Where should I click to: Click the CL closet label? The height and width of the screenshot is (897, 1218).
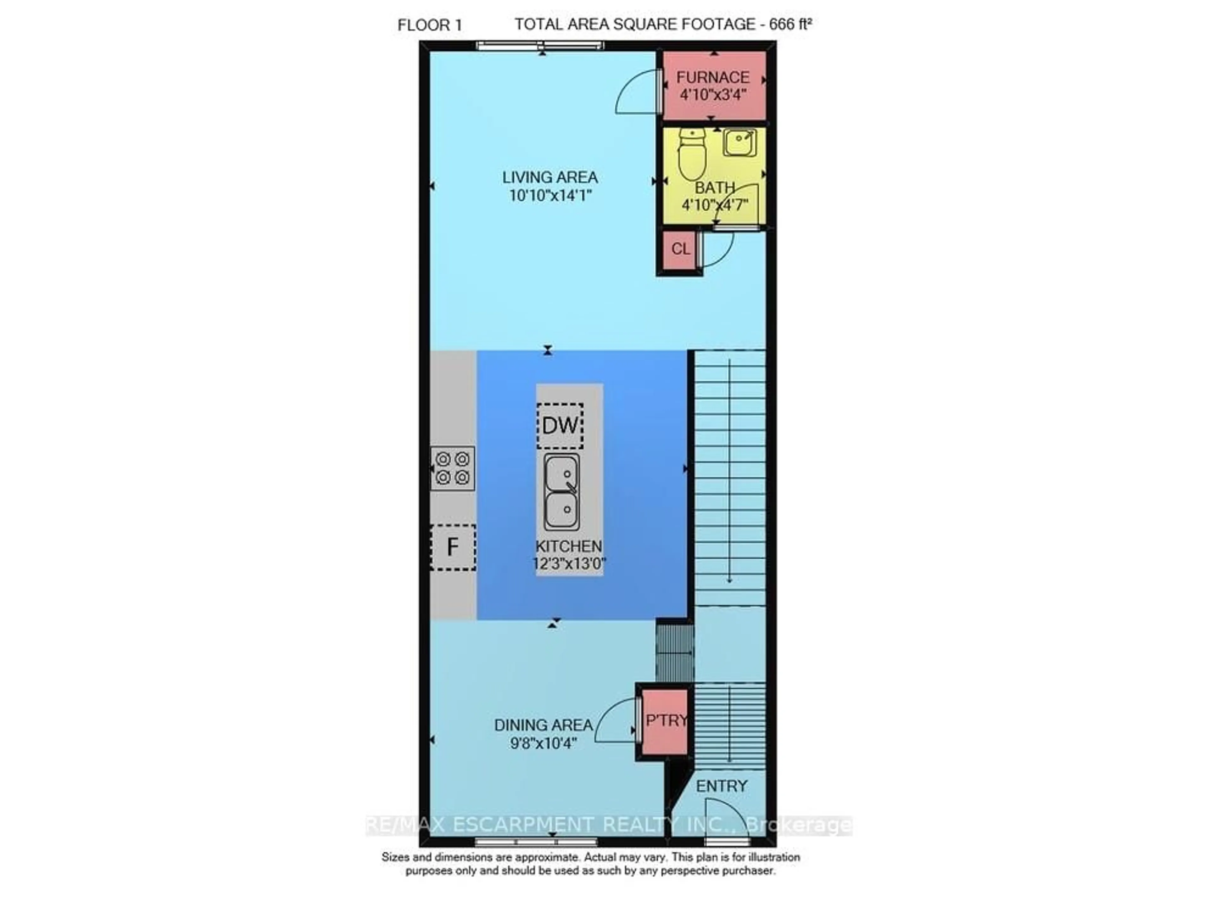tap(680, 249)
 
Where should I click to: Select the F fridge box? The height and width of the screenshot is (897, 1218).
tap(453, 547)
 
